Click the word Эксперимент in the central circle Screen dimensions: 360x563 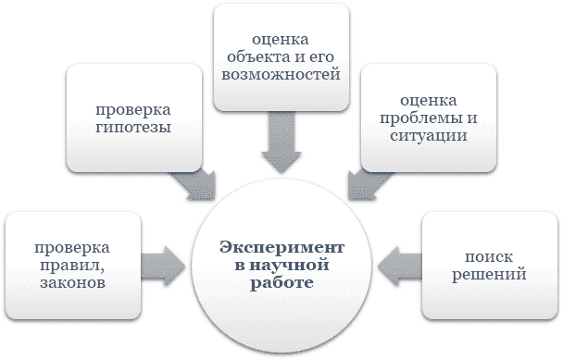(x=281, y=247)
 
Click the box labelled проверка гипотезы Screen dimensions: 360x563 (x=132, y=117)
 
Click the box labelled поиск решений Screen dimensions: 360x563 (x=489, y=265)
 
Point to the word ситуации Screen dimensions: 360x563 (x=428, y=135)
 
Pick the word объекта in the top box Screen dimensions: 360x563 (x=267, y=55)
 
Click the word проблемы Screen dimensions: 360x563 (x=419, y=117)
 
